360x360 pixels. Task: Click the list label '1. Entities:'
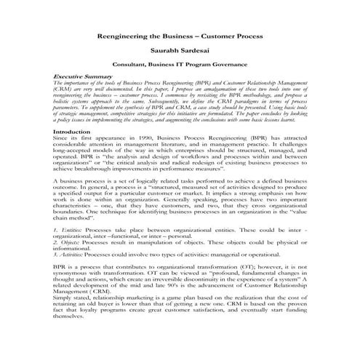click(67, 230)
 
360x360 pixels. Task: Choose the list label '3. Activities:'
click(71, 254)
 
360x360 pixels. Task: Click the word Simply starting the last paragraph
click(64, 298)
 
